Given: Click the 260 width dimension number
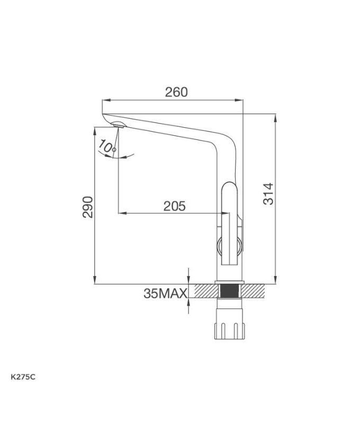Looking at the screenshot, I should [176, 92].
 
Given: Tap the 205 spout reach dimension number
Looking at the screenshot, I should [175, 206].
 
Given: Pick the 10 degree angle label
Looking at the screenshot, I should [106, 146].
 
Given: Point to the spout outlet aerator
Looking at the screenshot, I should [118, 126].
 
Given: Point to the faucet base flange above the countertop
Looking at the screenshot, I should [229, 281].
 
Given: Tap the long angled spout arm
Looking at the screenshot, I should [169, 127].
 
